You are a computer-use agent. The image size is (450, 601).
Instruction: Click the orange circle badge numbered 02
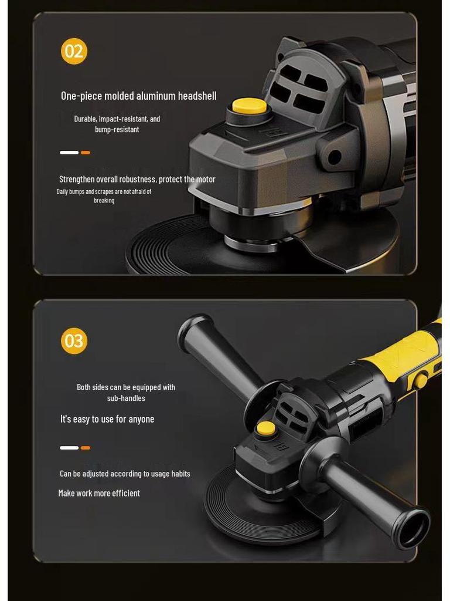click(x=74, y=51)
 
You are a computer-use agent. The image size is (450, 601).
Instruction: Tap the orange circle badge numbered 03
click(x=74, y=340)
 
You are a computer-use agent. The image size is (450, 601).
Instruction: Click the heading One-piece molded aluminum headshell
click(x=138, y=96)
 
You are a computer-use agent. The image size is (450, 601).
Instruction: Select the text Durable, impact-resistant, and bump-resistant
click(x=117, y=124)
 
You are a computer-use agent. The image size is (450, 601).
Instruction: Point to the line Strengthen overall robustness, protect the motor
click(x=137, y=179)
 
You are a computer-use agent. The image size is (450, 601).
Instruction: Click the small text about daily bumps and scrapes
click(x=104, y=196)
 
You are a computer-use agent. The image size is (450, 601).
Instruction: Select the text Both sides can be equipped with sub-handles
click(x=126, y=393)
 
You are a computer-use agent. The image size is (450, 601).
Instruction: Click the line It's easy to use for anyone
click(x=107, y=419)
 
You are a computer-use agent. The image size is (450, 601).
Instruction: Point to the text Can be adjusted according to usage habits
click(x=125, y=474)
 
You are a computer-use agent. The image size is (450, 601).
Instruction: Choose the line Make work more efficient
click(x=99, y=493)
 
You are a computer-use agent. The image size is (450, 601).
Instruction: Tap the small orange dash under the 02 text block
click(x=86, y=153)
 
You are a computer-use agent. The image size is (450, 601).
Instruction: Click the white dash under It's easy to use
click(x=69, y=448)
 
